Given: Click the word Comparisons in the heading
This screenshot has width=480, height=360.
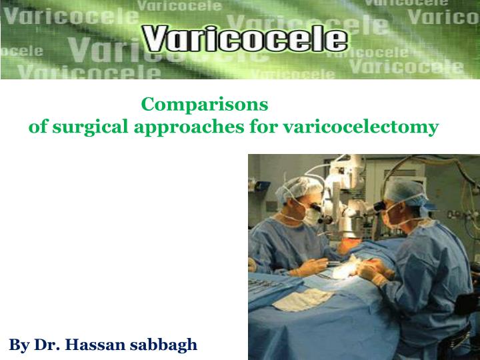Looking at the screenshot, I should [205, 105].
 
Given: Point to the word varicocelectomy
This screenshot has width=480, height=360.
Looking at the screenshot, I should [361, 126].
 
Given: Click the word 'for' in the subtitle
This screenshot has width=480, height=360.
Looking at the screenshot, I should [264, 126].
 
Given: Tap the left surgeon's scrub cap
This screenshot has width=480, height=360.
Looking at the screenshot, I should [294, 191].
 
